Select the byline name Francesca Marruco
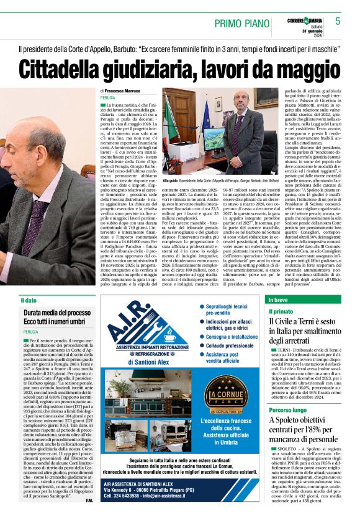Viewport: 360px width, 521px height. (124, 91)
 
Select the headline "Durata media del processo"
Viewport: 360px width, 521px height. (57, 313)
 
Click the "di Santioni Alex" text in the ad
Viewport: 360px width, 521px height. (148, 362)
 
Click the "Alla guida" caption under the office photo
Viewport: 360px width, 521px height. (171, 180)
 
